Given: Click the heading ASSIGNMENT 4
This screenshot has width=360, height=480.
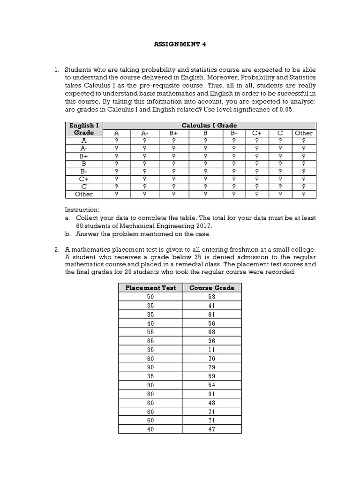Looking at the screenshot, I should coord(180,45).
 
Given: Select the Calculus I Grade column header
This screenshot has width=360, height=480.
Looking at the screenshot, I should coord(209,125).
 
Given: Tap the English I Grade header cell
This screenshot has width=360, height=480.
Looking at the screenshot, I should coord(84,129).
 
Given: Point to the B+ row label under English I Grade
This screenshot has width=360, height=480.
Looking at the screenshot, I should coord(84,156).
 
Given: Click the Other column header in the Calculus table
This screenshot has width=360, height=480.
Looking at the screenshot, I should coord(303,133).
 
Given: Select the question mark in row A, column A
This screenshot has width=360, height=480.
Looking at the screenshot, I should coord(116,140).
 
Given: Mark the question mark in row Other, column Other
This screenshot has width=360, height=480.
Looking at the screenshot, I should coord(303,194).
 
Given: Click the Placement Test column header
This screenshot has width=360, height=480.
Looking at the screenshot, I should coord(150,288).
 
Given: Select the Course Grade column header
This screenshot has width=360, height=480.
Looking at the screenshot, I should coord(211,288).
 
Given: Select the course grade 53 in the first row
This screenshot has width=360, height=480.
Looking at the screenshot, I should coord(211,296).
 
